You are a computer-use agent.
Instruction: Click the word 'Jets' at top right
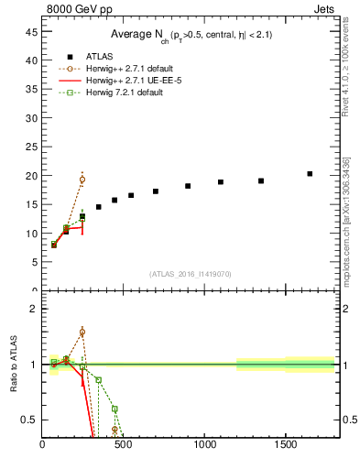(x=325, y=8)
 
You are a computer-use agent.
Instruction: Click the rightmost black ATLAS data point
(x=310, y=174)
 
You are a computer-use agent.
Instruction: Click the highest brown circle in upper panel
(x=82, y=180)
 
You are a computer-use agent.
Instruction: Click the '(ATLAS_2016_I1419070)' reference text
(x=190, y=274)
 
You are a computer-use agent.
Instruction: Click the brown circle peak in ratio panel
(x=82, y=332)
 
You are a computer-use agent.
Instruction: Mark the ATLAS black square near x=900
(x=188, y=186)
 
